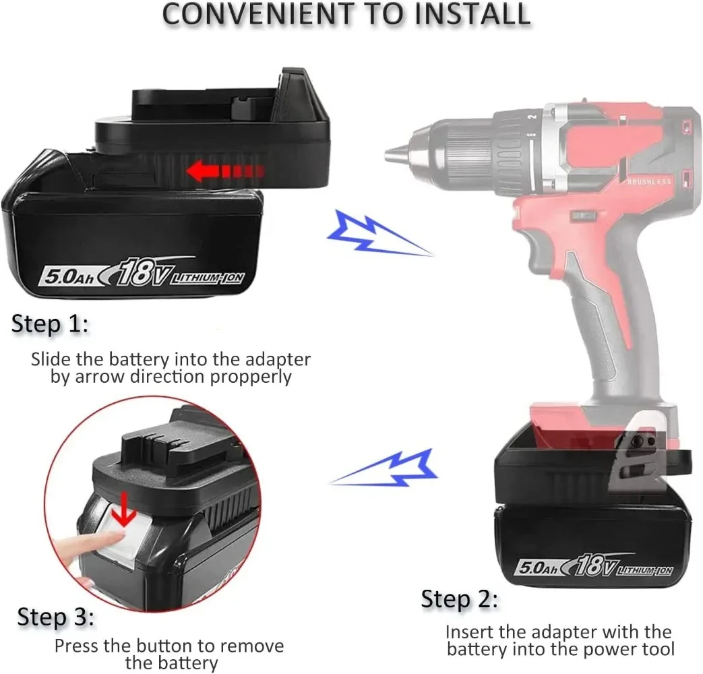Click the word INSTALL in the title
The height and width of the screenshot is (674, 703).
click(x=472, y=14)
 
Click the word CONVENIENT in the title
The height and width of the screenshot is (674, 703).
click(x=257, y=14)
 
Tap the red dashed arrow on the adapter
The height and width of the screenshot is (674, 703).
click(x=224, y=171)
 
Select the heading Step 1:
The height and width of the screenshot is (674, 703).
click(x=50, y=324)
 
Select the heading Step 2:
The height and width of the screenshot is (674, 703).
click(x=460, y=599)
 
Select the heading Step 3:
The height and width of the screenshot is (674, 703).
click(x=55, y=617)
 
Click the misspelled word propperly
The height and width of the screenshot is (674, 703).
click(x=251, y=377)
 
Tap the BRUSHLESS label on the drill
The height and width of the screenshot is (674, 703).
click(x=649, y=181)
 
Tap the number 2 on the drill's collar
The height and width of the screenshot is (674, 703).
click(x=532, y=117)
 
